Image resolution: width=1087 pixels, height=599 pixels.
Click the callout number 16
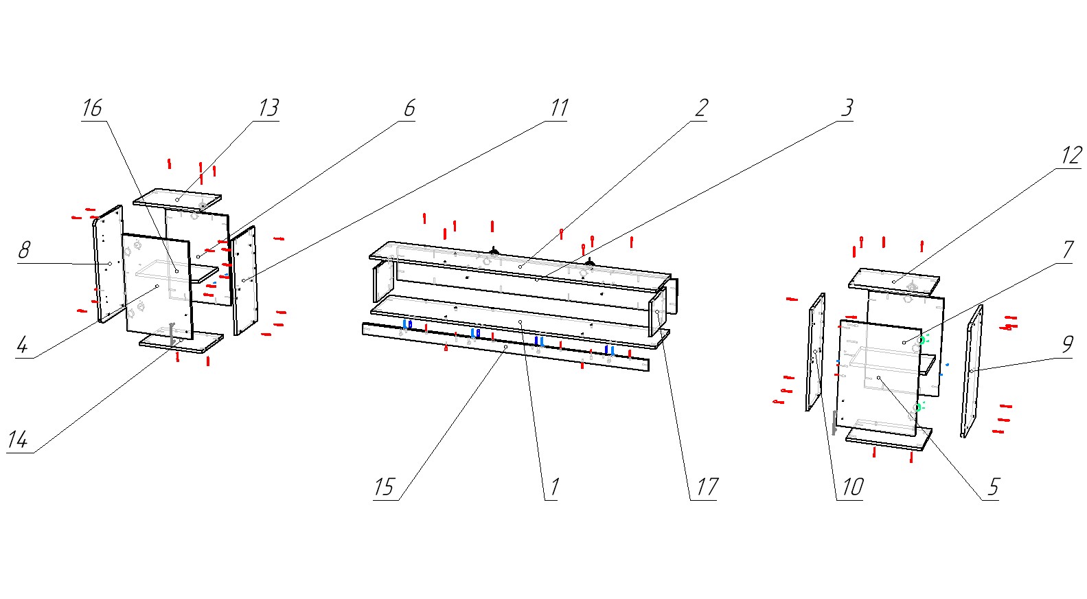[x=92, y=108]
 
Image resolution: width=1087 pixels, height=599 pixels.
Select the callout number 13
[x=268, y=108]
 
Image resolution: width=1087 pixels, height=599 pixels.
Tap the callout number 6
[x=409, y=108]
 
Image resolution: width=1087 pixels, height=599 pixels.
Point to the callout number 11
[x=559, y=108]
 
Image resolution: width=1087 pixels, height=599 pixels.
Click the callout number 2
[x=701, y=108]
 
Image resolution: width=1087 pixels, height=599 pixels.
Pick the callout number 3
[x=847, y=108]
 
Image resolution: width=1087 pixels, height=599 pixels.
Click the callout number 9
[x=1067, y=344]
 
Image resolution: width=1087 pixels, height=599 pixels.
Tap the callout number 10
[x=852, y=487]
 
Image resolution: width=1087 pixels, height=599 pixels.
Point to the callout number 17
[x=707, y=487]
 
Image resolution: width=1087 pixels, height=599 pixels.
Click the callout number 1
[x=554, y=487]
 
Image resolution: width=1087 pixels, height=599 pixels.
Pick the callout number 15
[x=384, y=487]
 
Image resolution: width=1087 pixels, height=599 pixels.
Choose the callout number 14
[x=18, y=440]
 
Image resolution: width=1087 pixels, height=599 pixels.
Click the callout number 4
[x=22, y=344]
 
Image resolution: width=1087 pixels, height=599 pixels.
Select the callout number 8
[x=24, y=250]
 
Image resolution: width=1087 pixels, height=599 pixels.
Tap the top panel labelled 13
[x=177, y=199]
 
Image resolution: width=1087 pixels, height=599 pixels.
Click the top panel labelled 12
[x=893, y=281]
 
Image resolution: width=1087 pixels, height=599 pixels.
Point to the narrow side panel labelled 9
[x=971, y=371]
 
